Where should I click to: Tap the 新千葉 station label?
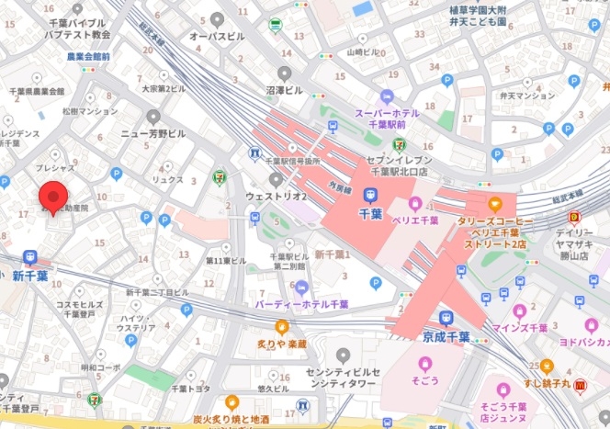(29, 276)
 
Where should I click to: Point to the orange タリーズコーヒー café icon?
(495, 203)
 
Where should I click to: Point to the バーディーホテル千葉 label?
(303, 303)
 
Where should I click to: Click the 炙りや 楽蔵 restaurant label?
(281, 344)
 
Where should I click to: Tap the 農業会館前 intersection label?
(88, 56)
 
